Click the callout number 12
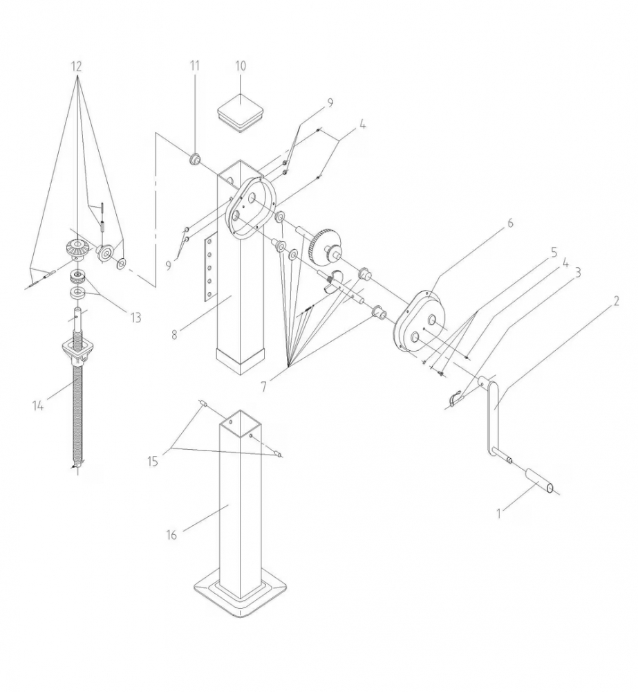[x=76, y=66]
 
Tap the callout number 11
[x=194, y=66]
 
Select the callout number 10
[x=241, y=66]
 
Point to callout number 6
[x=510, y=223]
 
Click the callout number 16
[x=171, y=535]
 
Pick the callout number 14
[x=38, y=406]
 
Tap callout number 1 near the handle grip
[x=498, y=513]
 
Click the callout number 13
[x=135, y=317]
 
